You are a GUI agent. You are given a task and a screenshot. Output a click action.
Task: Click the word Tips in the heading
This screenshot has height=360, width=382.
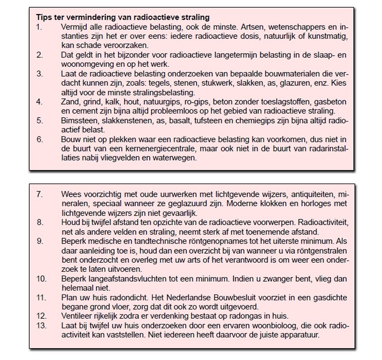(43, 18)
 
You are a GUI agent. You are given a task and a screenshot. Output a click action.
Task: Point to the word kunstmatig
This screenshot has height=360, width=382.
(327, 37)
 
